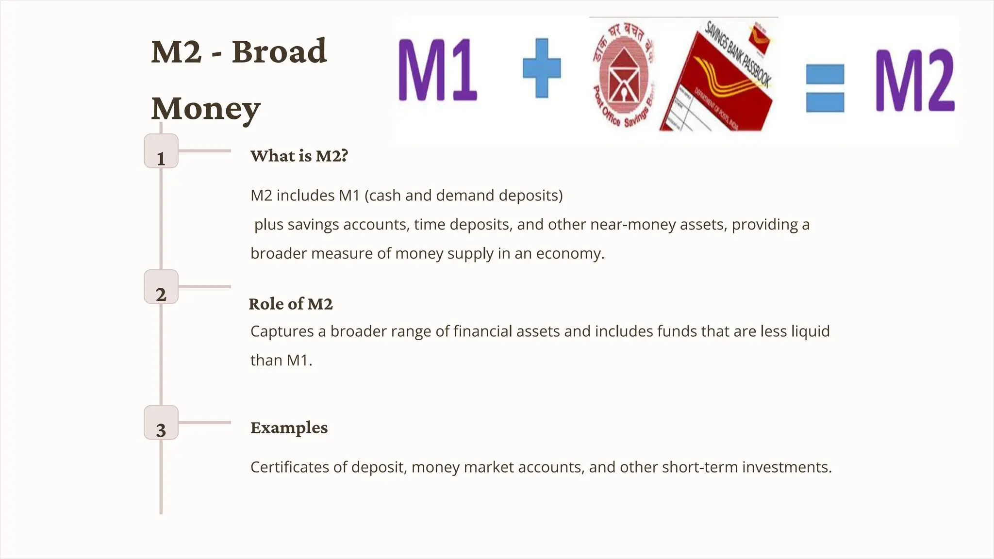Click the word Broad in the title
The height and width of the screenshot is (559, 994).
tap(279, 51)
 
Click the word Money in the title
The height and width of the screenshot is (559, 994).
tap(206, 109)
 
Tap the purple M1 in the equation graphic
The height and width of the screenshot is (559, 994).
tap(437, 70)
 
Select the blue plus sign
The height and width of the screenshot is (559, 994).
tap(542, 68)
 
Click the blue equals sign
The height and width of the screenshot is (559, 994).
tap(825, 88)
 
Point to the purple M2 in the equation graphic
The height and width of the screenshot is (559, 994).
tap(915, 81)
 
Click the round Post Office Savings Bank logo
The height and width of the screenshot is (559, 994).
tap(623, 75)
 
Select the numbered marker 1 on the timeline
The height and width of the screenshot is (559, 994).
tap(161, 151)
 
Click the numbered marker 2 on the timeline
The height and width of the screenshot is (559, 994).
tap(161, 287)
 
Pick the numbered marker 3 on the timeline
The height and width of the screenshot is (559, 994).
tap(161, 423)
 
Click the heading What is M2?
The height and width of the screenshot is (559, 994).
tap(299, 156)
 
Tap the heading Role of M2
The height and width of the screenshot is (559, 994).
tap(291, 304)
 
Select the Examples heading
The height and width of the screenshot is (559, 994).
tap(289, 427)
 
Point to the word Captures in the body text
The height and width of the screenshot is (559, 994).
tap(282, 331)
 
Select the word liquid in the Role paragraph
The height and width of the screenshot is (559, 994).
tap(811, 331)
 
